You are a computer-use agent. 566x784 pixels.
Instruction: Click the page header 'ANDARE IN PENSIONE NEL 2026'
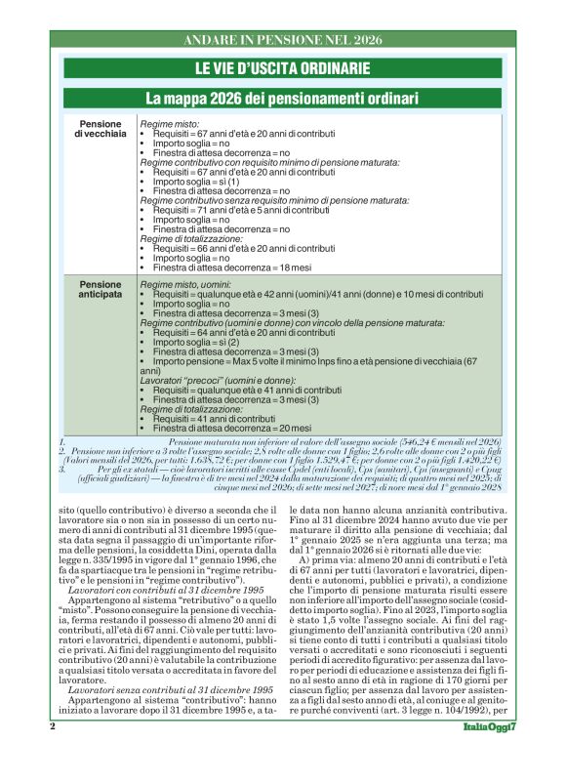coord(282,40)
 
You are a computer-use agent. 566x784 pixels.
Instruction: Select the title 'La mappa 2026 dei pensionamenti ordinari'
coord(282,99)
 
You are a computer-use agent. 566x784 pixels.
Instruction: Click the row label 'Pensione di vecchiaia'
coord(101,132)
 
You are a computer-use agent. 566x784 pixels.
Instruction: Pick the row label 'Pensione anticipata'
coord(101,291)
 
